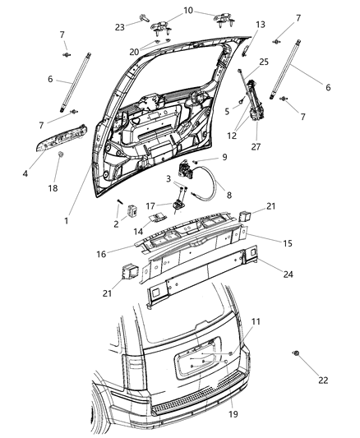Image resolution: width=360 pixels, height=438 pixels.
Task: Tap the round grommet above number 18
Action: pyautogui.click(x=61, y=155)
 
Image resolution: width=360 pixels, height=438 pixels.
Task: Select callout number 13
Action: pyautogui.click(x=261, y=25)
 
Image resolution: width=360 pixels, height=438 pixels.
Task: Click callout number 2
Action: pyautogui.click(x=117, y=224)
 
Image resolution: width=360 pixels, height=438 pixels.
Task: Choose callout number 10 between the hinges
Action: pyautogui.click(x=188, y=11)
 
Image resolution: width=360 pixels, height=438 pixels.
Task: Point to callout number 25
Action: pyautogui.click(x=265, y=62)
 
